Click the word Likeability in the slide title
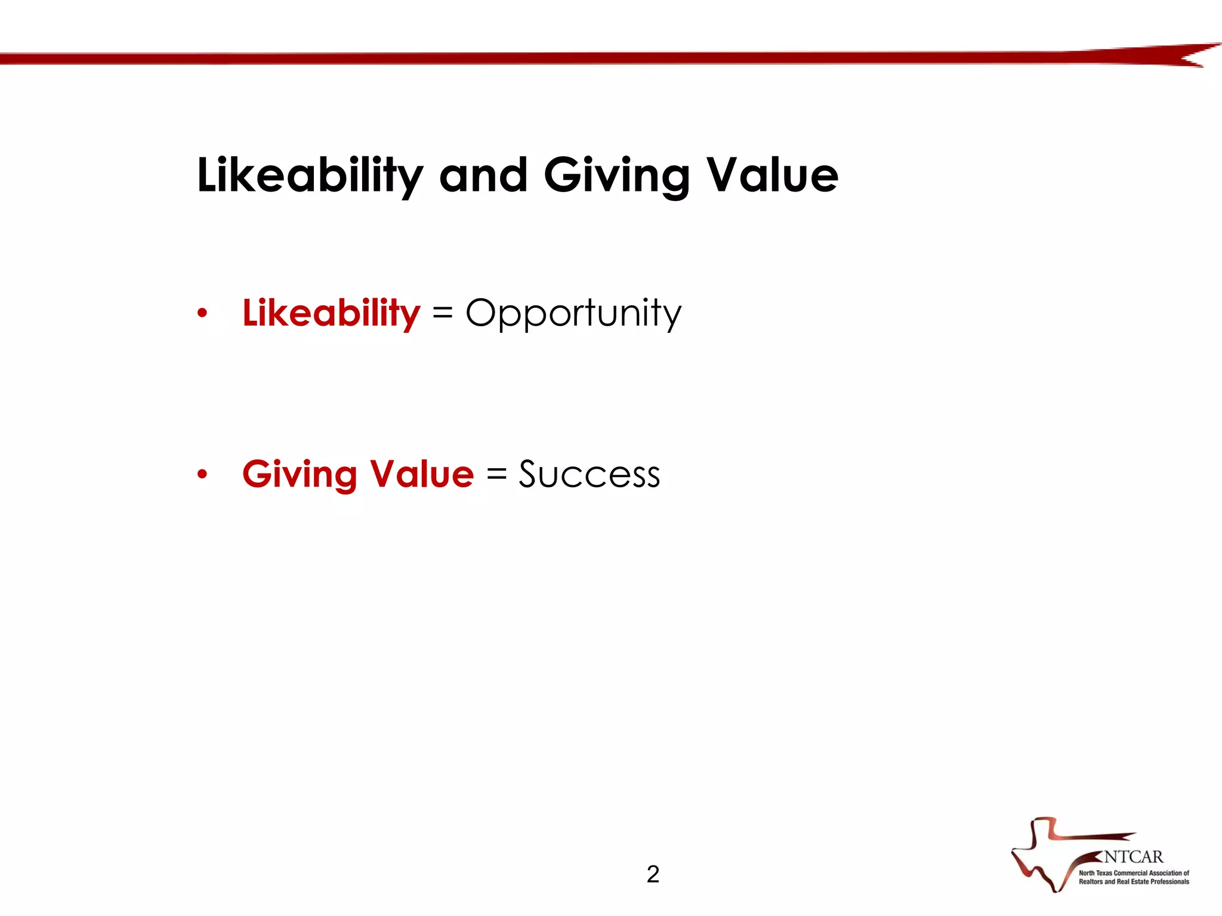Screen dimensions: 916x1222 pyautogui.click(x=310, y=176)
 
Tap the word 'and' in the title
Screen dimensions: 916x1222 pyautogui.click(x=483, y=176)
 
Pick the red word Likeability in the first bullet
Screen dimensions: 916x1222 pyautogui.click(x=331, y=313)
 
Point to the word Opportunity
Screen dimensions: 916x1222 pyautogui.click(x=573, y=313)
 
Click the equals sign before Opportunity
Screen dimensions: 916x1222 pyautogui.click(x=442, y=313)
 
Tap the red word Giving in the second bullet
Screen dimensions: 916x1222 pyautogui.click(x=300, y=475)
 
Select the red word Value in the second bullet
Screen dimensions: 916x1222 pyautogui.click(x=421, y=475)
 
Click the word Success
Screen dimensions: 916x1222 pyautogui.click(x=589, y=475)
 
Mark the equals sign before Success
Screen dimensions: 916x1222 pyautogui.click(x=496, y=475)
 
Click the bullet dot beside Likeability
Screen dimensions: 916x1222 pyautogui.click(x=202, y=313)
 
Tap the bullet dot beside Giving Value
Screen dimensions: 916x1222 pyautogui.click(x=202, y=475)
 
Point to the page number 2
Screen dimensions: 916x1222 pyautogui.click(x=653, y=874)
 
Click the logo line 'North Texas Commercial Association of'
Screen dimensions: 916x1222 pyautogui.click(x=1134, y=873)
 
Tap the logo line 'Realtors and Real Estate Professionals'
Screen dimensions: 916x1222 pyautogui.click(x=1134, y=881)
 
